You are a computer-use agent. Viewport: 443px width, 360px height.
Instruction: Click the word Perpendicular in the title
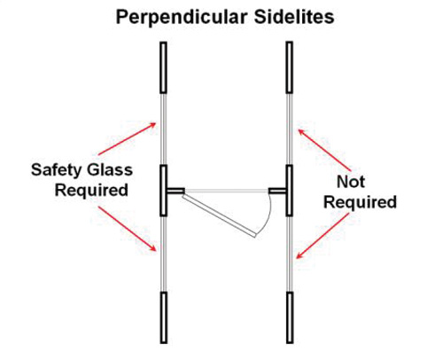tap(182, 18)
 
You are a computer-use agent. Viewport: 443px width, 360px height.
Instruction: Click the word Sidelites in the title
tap(294, 17)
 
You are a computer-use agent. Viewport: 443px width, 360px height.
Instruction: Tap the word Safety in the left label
tap(56, 170)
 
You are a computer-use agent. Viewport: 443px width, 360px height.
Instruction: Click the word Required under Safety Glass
tap(91, 191)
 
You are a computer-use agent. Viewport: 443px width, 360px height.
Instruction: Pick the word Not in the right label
tap(351, 182)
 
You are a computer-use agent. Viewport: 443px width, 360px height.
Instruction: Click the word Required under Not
tap(360, 203)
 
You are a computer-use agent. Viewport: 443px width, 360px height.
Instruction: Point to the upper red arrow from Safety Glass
tap(127, 138)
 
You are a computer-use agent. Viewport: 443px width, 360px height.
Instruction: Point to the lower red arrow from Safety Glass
tap(128, 229)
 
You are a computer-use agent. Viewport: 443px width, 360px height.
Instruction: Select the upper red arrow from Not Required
tap(324, 150)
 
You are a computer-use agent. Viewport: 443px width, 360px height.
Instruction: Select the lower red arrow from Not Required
tap(323, 236)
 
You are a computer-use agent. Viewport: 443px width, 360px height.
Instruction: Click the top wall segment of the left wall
tap(164, 67)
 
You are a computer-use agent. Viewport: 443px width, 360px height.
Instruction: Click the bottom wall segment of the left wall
tap(164, 317)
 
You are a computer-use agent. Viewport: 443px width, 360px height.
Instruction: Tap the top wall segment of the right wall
tap(290, 67)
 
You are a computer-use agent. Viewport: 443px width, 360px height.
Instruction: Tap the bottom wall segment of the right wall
tap(290, 317)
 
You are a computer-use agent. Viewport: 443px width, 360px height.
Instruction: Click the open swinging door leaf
tap(219, 215)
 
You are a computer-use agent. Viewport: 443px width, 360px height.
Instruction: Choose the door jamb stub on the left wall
tap(175, 191)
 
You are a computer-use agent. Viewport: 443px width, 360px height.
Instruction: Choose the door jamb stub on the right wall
tap(277, 191)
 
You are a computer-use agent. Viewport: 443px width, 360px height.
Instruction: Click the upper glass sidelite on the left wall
tap(164, 129)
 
